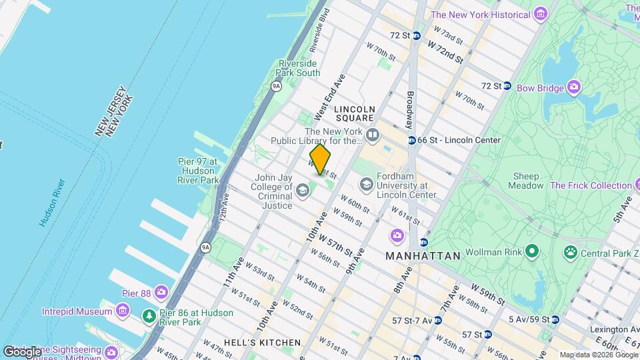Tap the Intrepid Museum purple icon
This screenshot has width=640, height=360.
tap(122, 311)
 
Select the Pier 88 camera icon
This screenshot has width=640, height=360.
tap(161, 292)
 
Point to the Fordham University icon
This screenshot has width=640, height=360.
tap(366, 183)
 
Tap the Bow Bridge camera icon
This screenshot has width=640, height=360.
tap(574, 87)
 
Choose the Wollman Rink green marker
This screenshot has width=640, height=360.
tap(531, 252)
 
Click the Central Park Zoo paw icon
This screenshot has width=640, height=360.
tap(571, 253)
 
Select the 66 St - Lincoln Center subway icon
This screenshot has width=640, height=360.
tap(412, 140)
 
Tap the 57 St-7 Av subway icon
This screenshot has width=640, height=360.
tap(437, 321)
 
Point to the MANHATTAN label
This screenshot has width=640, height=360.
tap(423, 256)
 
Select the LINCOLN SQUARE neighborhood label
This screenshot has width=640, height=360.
tap(355, 113)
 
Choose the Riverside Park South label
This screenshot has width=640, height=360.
tap(299, 68)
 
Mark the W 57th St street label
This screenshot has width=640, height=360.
tap(335, 244)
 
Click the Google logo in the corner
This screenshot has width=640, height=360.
tap(22, 351)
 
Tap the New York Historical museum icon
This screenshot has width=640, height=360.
tap(540, 14)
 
